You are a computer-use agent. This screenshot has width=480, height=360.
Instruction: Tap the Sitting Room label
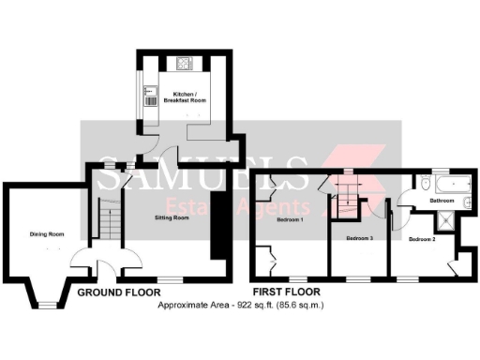click(x=172, y=217)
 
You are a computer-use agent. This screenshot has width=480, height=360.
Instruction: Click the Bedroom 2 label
click(x=421, y=239)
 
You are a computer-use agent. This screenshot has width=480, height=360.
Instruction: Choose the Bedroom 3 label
click(x=359, y=239)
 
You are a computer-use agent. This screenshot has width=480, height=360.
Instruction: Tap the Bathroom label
click(x=442, y=201)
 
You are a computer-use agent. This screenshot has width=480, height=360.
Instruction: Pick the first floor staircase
click(x=348, y=193)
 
